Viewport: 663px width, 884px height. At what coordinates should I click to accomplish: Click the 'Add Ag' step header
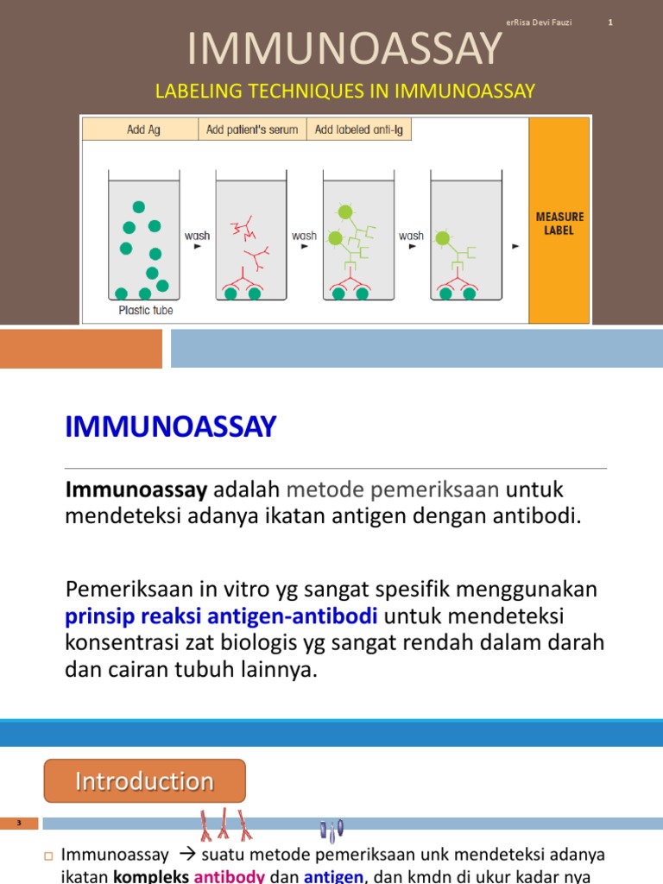143,129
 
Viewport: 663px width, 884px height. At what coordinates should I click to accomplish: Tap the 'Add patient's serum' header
252,129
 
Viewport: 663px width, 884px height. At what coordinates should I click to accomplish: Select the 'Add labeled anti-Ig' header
358,129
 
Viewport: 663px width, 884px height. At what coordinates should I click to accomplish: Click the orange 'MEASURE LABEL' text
559,224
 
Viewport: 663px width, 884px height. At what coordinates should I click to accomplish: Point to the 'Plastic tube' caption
145,311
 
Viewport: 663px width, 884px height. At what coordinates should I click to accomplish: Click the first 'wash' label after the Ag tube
197,236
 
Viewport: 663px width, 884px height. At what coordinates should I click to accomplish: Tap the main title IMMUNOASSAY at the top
344,48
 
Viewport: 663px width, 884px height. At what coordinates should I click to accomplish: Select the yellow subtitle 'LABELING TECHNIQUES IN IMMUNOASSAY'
344,91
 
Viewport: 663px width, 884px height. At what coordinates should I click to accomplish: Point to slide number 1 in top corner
610,22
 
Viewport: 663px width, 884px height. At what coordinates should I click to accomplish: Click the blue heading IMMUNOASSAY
171,426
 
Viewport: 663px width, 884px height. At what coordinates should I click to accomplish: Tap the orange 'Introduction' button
145,781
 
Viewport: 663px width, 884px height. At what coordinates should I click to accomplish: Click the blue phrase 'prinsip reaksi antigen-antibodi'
222,617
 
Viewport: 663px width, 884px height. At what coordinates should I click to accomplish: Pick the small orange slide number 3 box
19,824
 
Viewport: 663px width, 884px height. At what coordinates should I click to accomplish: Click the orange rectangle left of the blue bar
80,349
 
